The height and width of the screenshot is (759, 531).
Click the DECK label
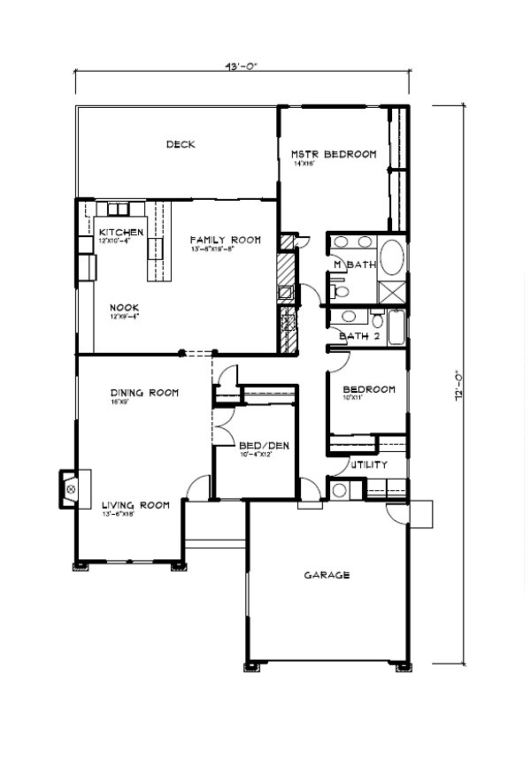click(x=181, y=145)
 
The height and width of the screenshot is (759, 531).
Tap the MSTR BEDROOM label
click(x=334, y=154)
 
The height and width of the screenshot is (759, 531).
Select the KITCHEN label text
click(x=121, y=232)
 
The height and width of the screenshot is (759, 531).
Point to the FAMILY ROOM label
click(x=225, y=240)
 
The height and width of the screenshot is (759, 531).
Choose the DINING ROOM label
click(x=145, y=392)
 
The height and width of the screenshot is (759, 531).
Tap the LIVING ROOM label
click(x=135, y=505)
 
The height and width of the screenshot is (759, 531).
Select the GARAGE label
click(x=327, y=575)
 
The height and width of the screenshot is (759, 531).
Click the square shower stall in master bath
click(x=391, y=291)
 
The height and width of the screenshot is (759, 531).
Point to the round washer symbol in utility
click(x=339, y=490)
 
